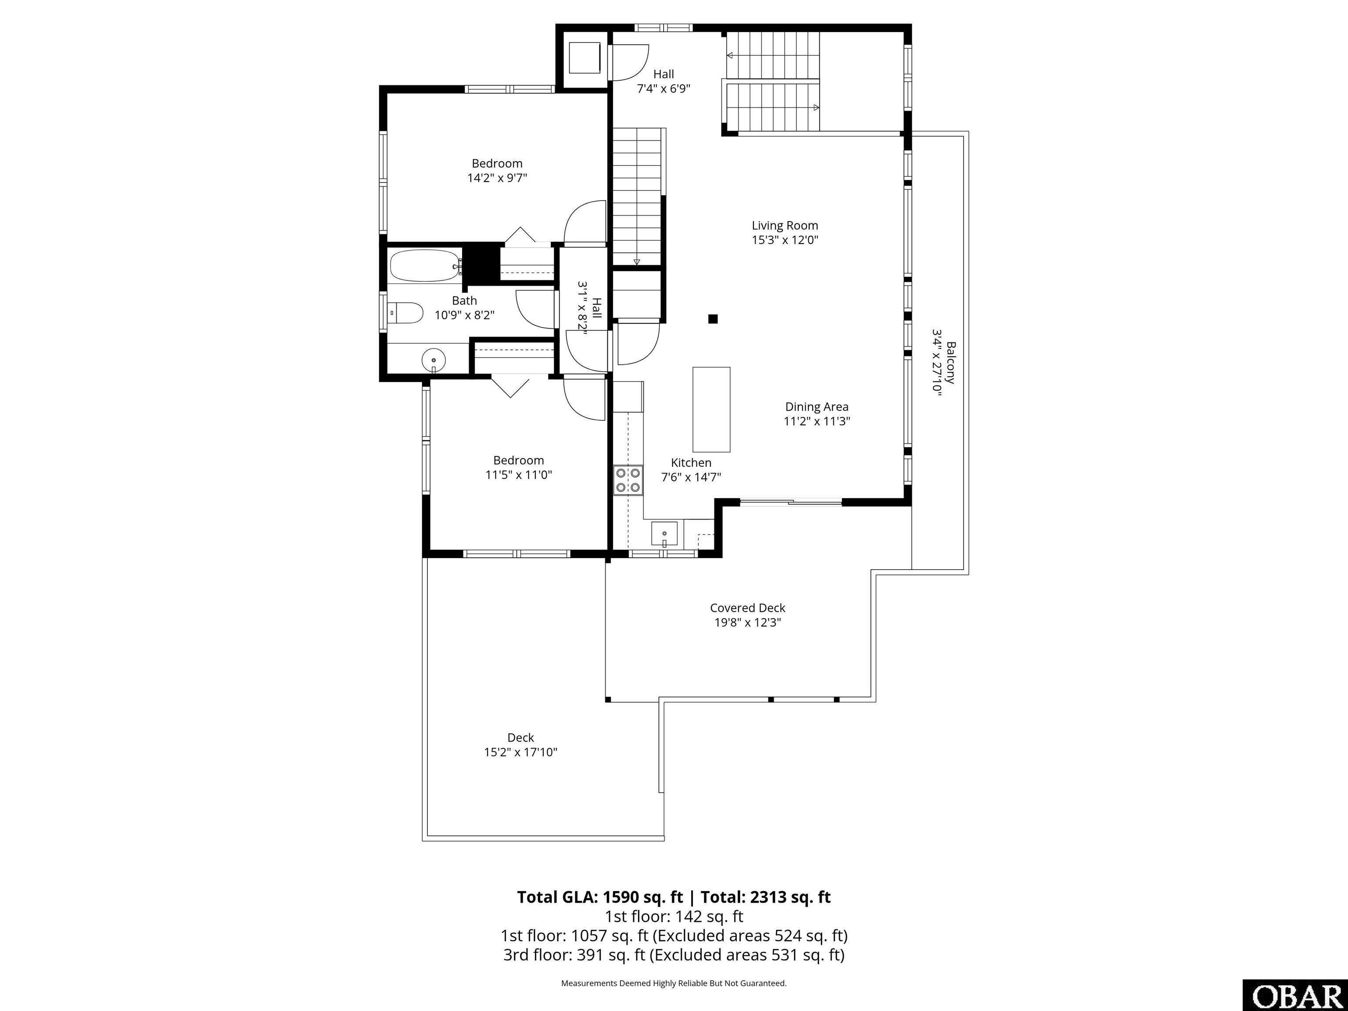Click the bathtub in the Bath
tap(425, 266)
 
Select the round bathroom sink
tap(433, 359)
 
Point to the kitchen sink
tap(664, 534)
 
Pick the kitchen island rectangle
tap(711, 409)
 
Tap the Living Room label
tap(785, 226)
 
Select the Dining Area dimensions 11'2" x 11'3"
tap(817, 421)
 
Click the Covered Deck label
tap(748, 608)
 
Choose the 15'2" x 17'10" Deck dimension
tap(521, 752)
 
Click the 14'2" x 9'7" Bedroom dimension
tap(497, 178)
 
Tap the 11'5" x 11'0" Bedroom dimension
tap(519, 475)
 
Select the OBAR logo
tap(1295, 996)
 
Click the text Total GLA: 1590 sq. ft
tap(600, 897)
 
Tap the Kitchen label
tap(691, 462)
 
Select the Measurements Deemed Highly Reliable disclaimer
tap(674, 983)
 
